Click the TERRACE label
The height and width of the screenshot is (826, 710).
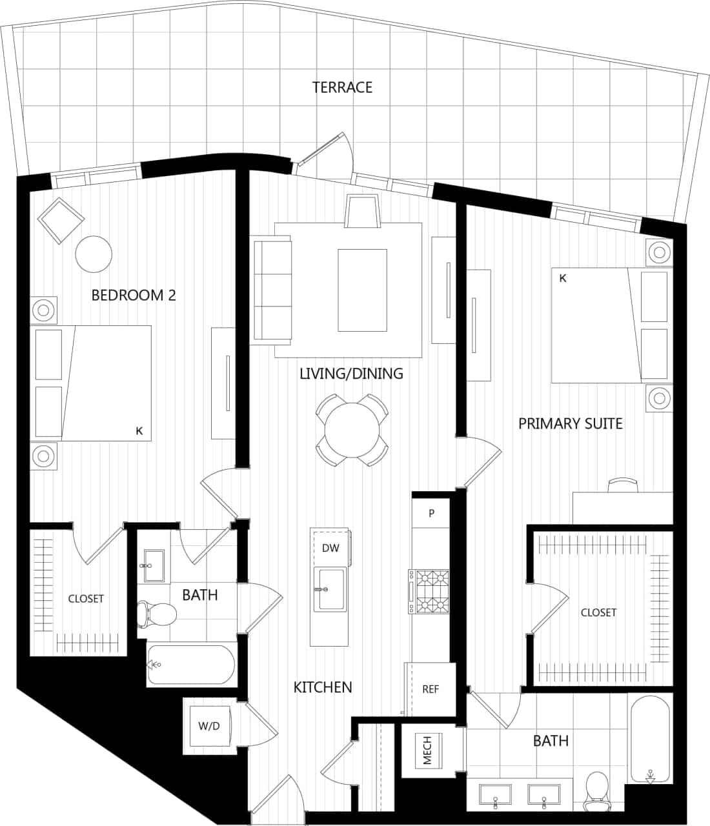pyautogui.click(x=342, y=87)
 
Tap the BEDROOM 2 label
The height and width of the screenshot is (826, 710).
pyautogui.click(x=134, y=296)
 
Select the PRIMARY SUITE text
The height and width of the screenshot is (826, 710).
pyautogui.click(x=571, y=423)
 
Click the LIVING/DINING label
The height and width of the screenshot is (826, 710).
pyautogui.click(x=351, y=373)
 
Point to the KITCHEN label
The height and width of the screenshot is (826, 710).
pyautogui.click(x=323, y=687)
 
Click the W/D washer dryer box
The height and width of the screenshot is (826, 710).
pyautogui.click(x=208, y=726)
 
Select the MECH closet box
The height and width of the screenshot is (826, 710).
pyautogui.click(x=428, y=750)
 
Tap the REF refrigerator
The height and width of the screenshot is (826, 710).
pyautogui.click(x=431, y=689)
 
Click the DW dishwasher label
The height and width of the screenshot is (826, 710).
pyautogui.click(x=330, y=549)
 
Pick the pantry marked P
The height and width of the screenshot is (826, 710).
pyautogui.click(x=431, y=514)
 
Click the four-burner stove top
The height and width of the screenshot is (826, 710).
pyautogui.click(x=431, y=590)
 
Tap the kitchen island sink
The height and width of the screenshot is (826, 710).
pyautogui.click(x=330, y=589)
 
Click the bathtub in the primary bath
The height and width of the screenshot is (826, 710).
pyautogui.click(x=650, y=739)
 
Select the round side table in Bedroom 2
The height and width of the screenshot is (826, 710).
pyautogui.click(x=94, y=254)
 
